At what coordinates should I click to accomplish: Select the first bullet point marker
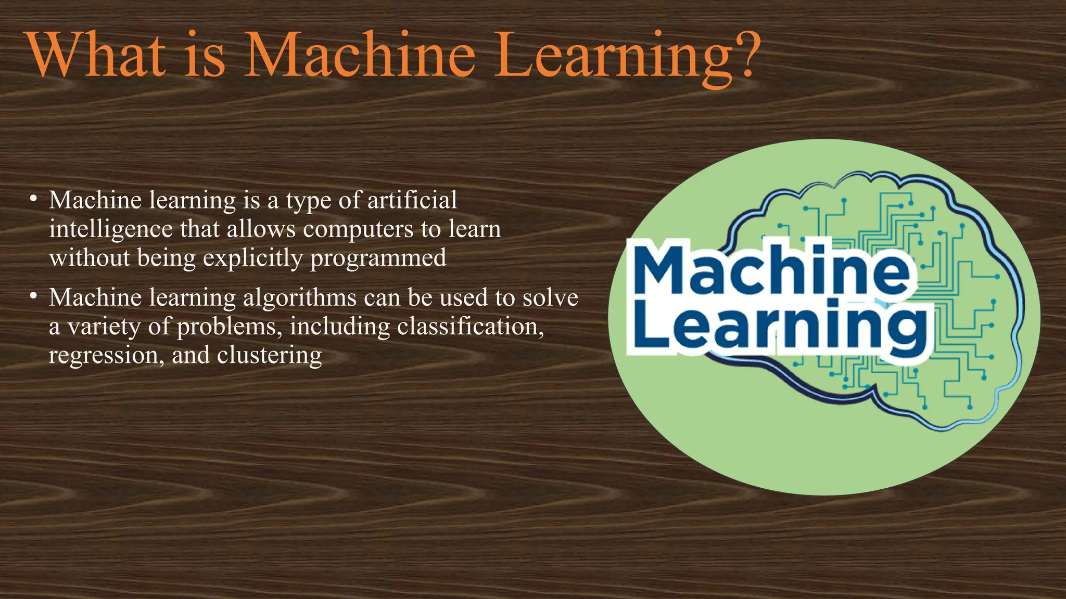tap(33, 199)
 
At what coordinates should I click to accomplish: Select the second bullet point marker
tap(33, 296)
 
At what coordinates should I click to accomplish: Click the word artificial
tap(412, 200)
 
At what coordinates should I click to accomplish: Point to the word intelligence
tap(110, 230)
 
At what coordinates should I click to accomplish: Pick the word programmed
tap(378, 258)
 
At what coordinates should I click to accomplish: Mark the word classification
tap(470, 327)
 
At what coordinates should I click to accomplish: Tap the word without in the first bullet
tap(89, 258)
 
